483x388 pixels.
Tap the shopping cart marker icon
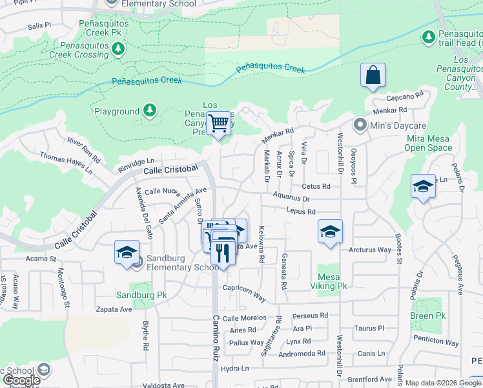(x=219, y=122)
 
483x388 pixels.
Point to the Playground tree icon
(x=150, y=111)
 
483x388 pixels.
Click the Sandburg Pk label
(x=141, y=295)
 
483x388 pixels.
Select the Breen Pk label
(x=427, y=316)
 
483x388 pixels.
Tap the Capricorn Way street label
(x=245, y=292)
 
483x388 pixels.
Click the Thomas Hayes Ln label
(x=67, y=163)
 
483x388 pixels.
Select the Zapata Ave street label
(x=116, y=309)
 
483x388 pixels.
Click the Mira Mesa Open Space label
(x=429, y=143)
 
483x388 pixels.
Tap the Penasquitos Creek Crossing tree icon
(x=118, y=48)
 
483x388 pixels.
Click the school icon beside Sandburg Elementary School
(x=127, y=252)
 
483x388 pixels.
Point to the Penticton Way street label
(x=436, y=342)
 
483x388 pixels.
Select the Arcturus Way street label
(x=370, y=250)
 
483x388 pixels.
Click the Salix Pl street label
(x=39, y=27)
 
